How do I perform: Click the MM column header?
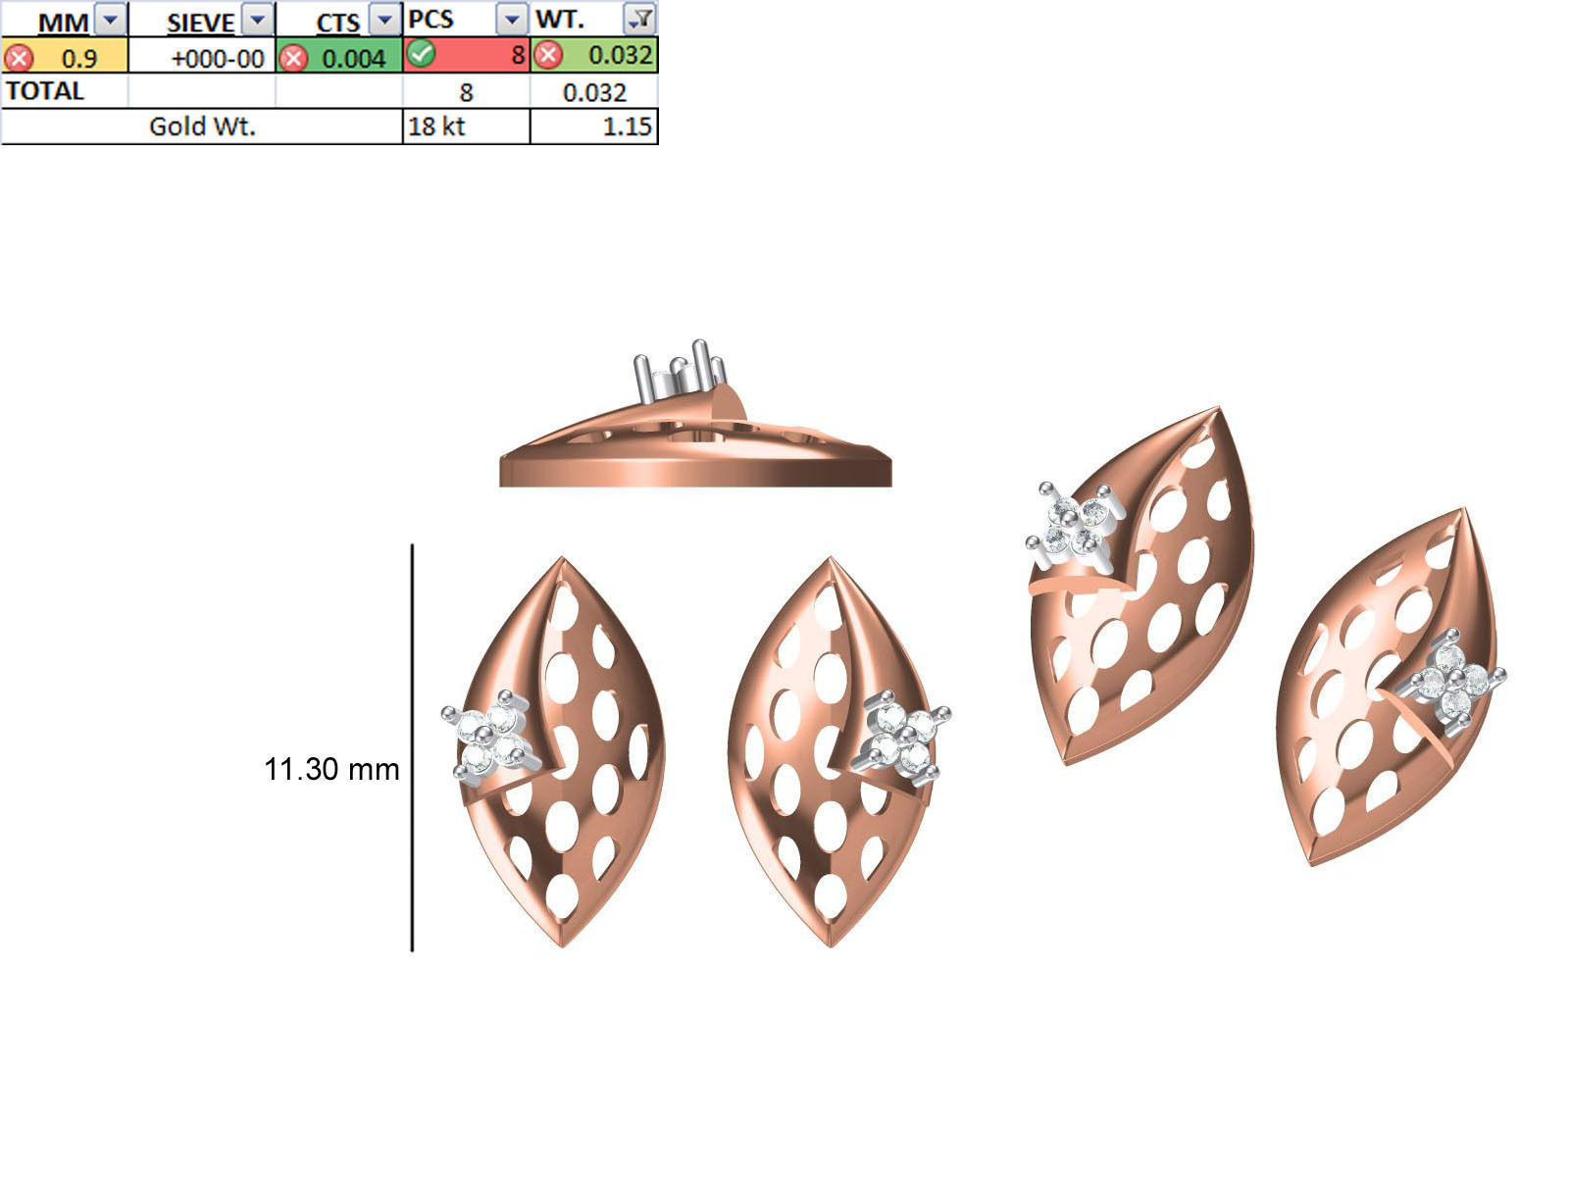(x=63, y=22)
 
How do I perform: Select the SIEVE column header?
(x=200, y=22)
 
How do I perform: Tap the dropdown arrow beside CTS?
(x=385, y=20)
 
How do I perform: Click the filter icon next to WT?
(x=640, y=19)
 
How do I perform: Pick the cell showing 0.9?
(x=78, y=58)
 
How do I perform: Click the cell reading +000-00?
(x=217, y=58)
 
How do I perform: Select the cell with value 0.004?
(x=353, y=58)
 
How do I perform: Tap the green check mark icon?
(x=422, y=54)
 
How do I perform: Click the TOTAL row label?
(x=45, y=91)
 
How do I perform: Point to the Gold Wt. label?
(x=202, y=127)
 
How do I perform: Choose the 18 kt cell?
(x=436, y=127)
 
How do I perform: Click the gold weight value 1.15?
(x=627, y=127)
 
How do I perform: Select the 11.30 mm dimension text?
(x=331, y=769)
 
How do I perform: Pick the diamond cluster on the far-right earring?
(x=1453, y=679)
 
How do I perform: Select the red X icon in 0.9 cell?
(x=19, y=58)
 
